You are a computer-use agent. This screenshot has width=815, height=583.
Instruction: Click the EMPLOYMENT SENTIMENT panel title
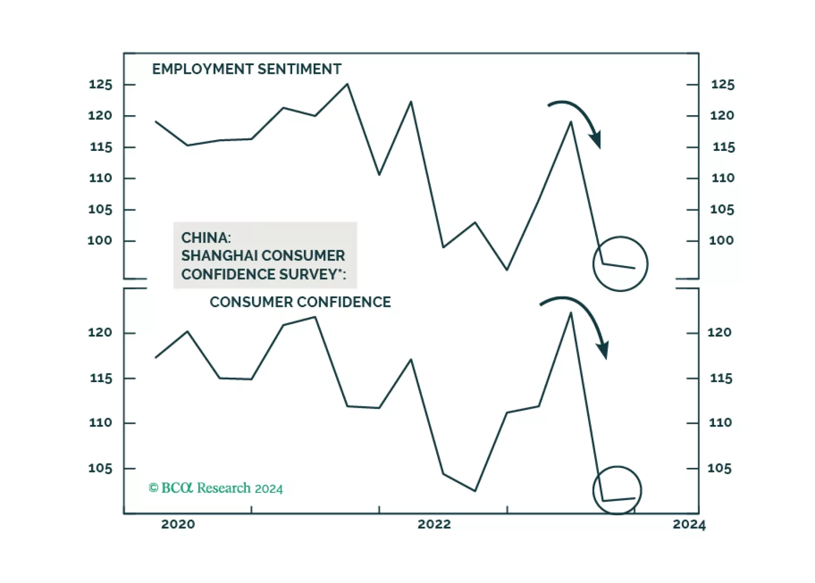tap(246, 69)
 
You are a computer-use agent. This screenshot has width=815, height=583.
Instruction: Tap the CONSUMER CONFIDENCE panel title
tap(300, 302)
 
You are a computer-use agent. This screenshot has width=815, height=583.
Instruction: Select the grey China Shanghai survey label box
tap(265, 255)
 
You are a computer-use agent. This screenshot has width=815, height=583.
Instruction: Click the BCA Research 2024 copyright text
tap(215, 488)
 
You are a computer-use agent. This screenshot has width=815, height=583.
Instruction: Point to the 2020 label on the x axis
tap(178, 524)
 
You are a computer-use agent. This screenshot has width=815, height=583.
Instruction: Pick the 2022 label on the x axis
tap(434, 524)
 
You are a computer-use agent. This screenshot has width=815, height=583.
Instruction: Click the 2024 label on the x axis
tap(689, 524)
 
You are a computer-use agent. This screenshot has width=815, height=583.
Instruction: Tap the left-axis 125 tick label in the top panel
tap(100, 85)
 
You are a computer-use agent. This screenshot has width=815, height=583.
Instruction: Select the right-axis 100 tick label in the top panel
tap(721, 241)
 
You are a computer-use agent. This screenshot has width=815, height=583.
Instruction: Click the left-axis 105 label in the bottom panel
tap(100, 468)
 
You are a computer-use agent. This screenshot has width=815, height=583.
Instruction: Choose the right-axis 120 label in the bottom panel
tap(719, 333)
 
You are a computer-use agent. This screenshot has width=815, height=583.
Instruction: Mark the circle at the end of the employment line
tap(620, 264)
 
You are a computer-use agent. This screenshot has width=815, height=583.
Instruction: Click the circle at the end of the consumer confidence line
tap(617, 490)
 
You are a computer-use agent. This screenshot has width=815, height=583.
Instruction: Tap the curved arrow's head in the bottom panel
tap(603, 350)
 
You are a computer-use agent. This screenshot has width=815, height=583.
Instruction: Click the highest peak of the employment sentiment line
tap(347, 84)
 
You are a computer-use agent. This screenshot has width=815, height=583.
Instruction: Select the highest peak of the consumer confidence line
tap(571, 313)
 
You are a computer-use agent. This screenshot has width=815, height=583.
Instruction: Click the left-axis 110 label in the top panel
tap(100, 178)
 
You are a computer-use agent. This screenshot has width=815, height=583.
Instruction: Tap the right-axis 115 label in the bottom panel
tap(721, 378)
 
